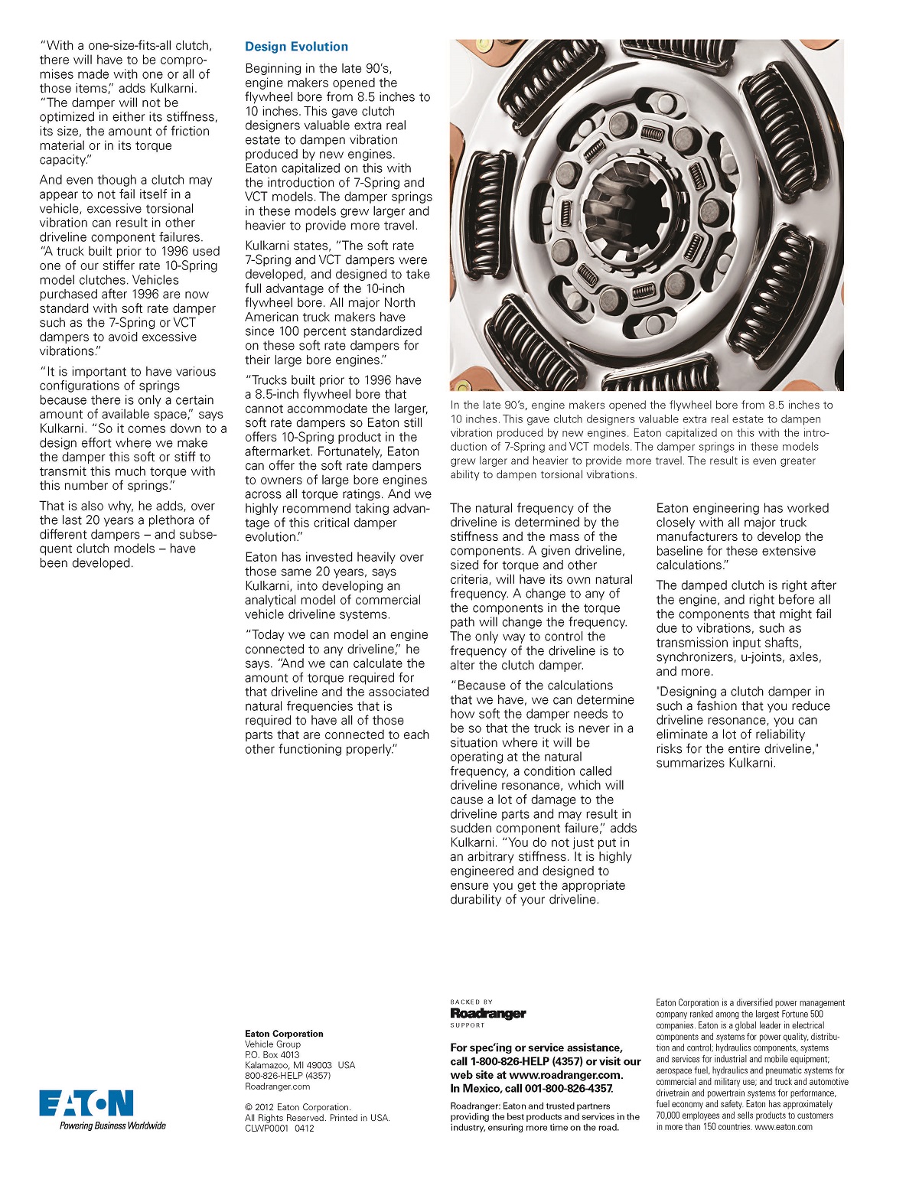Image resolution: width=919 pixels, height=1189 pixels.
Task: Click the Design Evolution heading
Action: (296, 47)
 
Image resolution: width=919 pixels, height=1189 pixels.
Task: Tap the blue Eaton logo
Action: (86, 1103)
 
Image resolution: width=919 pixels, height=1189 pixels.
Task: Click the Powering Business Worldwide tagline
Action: (112, 1125)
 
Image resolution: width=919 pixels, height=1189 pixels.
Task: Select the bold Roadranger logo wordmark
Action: (488, 1013)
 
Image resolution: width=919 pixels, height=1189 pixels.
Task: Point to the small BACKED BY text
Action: (471, 1002)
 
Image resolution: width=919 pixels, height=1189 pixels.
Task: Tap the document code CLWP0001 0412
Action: (279, 1128)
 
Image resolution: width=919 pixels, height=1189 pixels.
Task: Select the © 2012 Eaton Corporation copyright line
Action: (298, 1107)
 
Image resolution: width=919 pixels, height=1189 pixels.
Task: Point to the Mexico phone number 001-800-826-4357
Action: (569, 1089)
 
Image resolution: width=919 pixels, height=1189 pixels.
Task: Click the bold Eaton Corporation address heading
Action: (284, 1034)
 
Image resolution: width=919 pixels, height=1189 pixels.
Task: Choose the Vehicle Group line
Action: (272, 1044)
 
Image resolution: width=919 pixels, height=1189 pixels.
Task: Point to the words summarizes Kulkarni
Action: (716, 763)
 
